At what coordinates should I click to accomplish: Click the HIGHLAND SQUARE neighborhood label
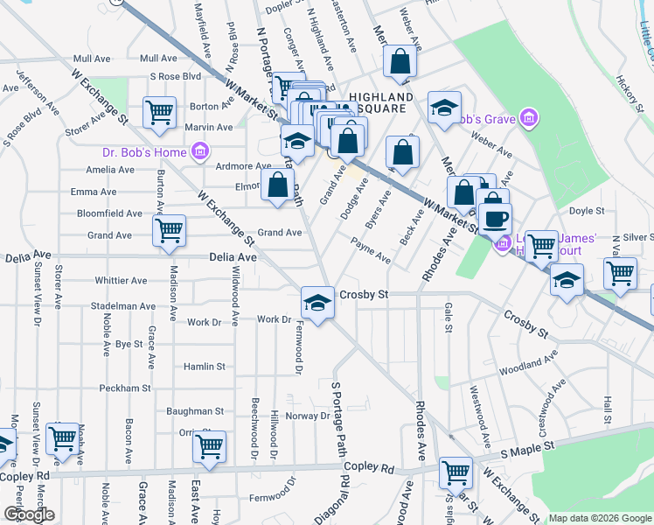[x=380, y=102]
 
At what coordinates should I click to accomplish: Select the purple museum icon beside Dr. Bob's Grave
[x=527, y=117]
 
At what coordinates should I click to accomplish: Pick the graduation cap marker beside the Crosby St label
[x=317, y=303]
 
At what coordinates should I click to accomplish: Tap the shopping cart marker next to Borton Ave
[x=159, y=111]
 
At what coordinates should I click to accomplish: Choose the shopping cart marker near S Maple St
[x=456, y=472]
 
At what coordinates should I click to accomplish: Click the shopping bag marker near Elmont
[x=277, y=185]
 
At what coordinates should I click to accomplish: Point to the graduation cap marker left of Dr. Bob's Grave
[x=444, y=108]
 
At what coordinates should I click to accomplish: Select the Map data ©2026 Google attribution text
[x=600, y=518]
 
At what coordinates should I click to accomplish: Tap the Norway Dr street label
[x=306, y=416]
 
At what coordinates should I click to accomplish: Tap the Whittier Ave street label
[x=120, y=281]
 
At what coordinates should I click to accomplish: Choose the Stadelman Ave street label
[x=122, y=306]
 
